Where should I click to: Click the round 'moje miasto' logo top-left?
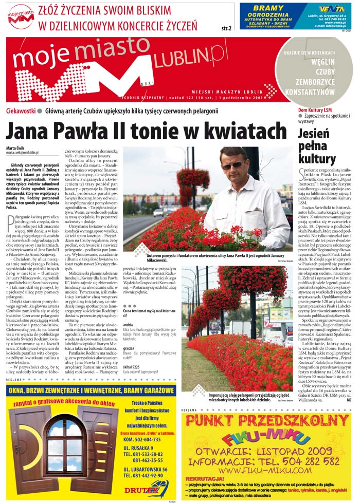[x=21, y=16]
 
